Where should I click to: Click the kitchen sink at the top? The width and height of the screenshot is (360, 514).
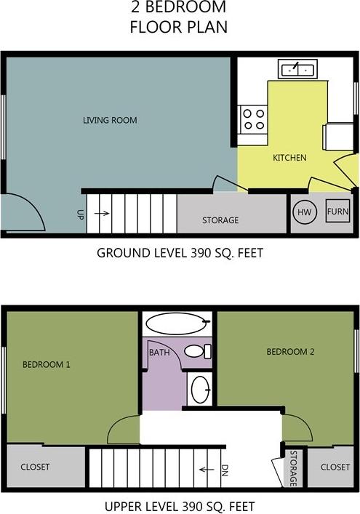(x=297, y=70)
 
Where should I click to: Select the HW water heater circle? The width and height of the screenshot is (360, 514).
(x=305, y=212)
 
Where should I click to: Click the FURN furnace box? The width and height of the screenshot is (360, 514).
(x=337, y=212)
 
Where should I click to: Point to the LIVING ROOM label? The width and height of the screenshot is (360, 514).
(x=110, y=120)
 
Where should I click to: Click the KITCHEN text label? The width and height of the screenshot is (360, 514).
(x=289, y=158)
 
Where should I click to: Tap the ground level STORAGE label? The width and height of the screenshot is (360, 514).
(x=220, y=220)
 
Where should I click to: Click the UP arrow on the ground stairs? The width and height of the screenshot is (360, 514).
(x=101, y=214)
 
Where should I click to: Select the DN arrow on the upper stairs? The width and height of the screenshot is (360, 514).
(x=210, y=469)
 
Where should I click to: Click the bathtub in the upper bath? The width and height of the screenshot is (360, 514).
(x=177, y=323)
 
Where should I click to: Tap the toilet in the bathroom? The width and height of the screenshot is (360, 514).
(x=196, y=351)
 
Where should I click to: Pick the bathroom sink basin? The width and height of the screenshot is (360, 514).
(x=200, y=389)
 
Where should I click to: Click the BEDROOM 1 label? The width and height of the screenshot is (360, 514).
(x=46, y=364)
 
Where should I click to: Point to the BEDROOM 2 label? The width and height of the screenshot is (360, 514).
(x=290, y=352)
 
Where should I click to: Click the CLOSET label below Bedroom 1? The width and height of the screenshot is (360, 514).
(x=35, y=467)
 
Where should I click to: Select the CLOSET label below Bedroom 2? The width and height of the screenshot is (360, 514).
(x=335, y=467)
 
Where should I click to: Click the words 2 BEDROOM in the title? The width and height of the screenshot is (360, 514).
(x=178, y=9)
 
